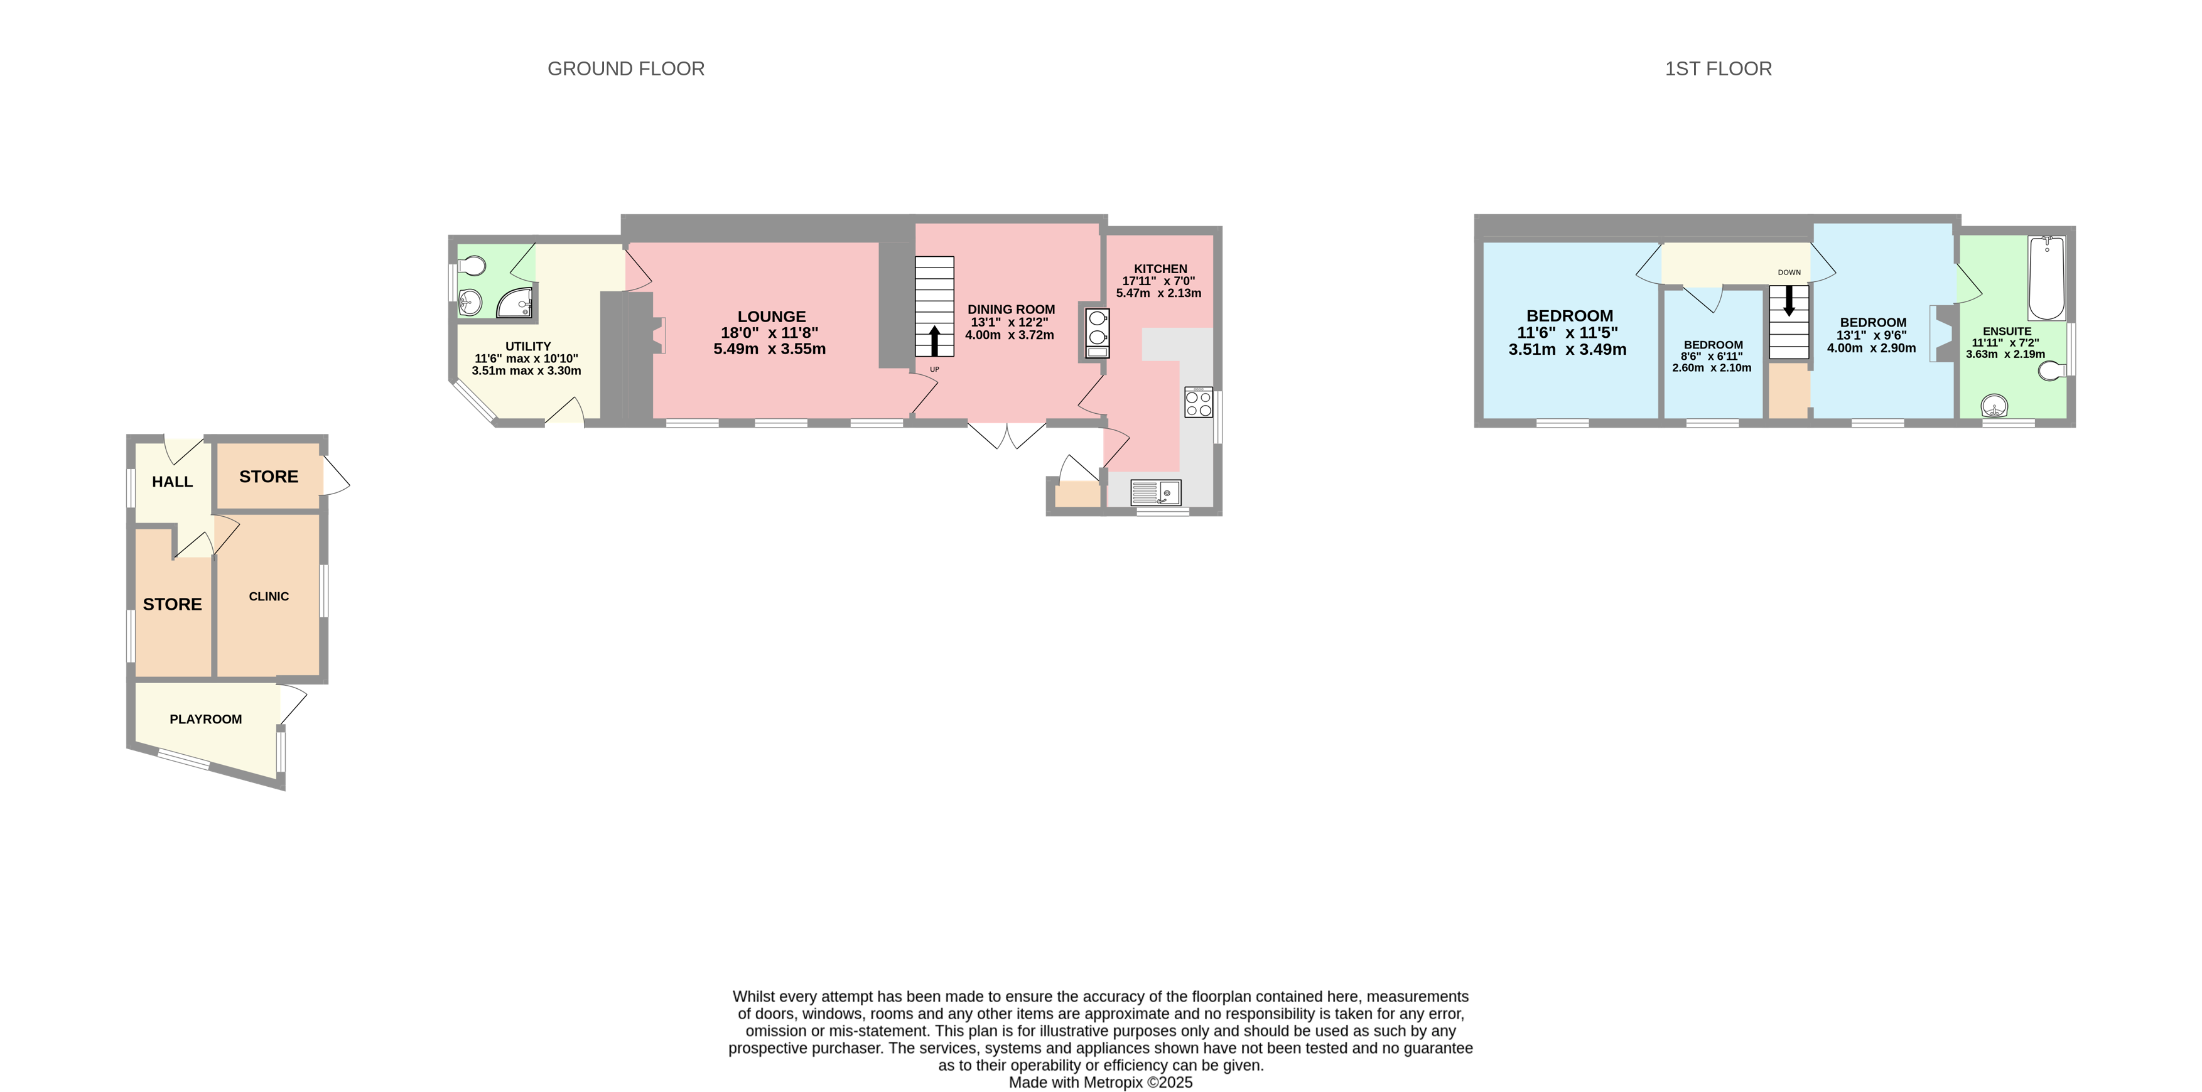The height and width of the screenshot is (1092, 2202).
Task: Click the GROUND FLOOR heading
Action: tap(626, 68)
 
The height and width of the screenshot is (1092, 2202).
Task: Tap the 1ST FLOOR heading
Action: tap(1717, 68)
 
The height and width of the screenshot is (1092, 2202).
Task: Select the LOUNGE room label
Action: tap(771, 316)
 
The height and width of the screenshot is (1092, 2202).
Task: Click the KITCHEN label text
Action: tap(1160, 269)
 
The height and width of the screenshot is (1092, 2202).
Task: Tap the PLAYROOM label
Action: tap(205, 719)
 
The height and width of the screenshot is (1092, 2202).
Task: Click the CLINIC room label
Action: tap(268, 596)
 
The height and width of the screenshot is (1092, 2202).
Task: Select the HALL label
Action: tap(172, 482)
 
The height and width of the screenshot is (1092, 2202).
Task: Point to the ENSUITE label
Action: tap(2006, 331)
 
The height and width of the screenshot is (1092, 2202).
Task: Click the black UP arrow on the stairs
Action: tap(934, 340)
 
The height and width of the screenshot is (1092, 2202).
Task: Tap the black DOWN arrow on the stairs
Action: tap(1788, 301)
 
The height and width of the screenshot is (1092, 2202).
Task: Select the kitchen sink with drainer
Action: tap(1156, 492)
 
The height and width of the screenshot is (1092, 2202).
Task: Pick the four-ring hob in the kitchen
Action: tap(1199, 403)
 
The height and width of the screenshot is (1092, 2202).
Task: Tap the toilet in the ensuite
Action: tap(2053, 370)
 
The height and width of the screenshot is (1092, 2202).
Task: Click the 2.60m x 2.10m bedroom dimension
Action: tap(1712, 368)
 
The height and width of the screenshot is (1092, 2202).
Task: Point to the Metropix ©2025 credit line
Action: tap(1100, 1083)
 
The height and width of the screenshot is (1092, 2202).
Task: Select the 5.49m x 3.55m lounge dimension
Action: tap(769, 349)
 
